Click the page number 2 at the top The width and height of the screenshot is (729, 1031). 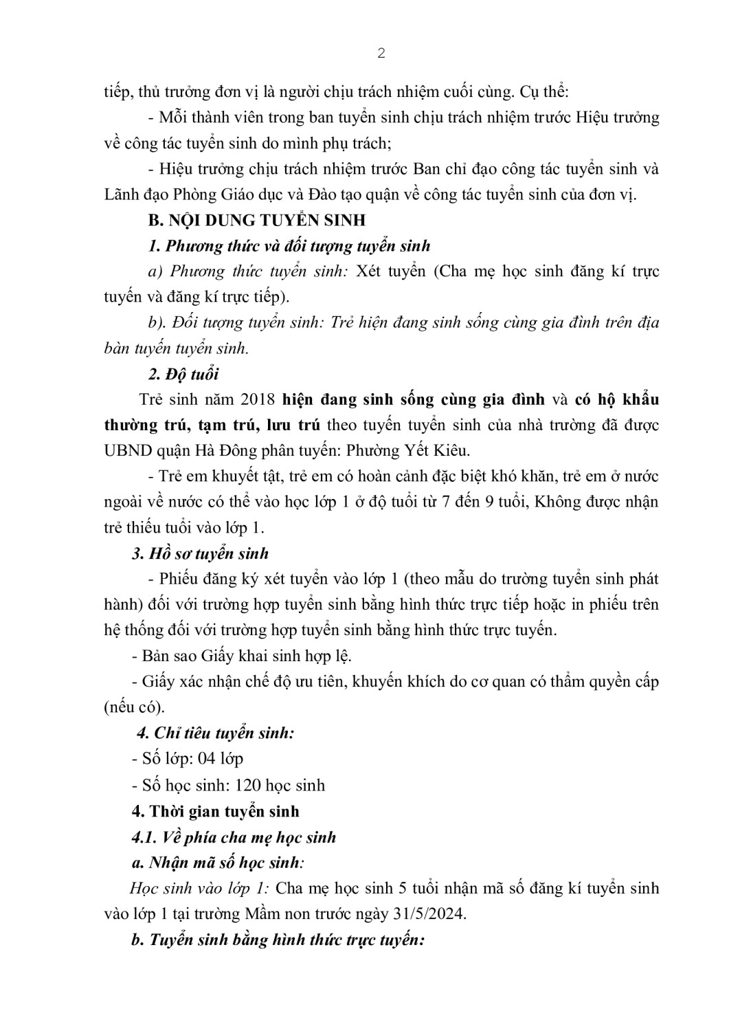coord(381,54)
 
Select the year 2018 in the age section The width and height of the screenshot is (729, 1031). coord(259,399)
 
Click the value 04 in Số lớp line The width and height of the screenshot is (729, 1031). coord(207,759)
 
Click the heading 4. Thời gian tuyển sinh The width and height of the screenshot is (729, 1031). coord(215,811)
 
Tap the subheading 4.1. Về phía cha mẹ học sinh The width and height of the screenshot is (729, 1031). coord(234,837)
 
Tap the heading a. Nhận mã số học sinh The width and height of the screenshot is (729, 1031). coord(217,863)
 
